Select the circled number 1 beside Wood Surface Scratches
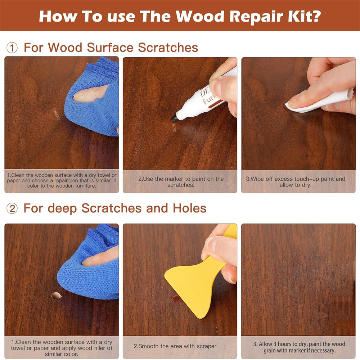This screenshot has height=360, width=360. pyautogui.click(x=12, y=48)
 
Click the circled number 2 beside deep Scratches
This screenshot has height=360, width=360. pyautogui.click(x=12, y=208)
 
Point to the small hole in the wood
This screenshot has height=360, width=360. pyautogui.click(x=56, y=296)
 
